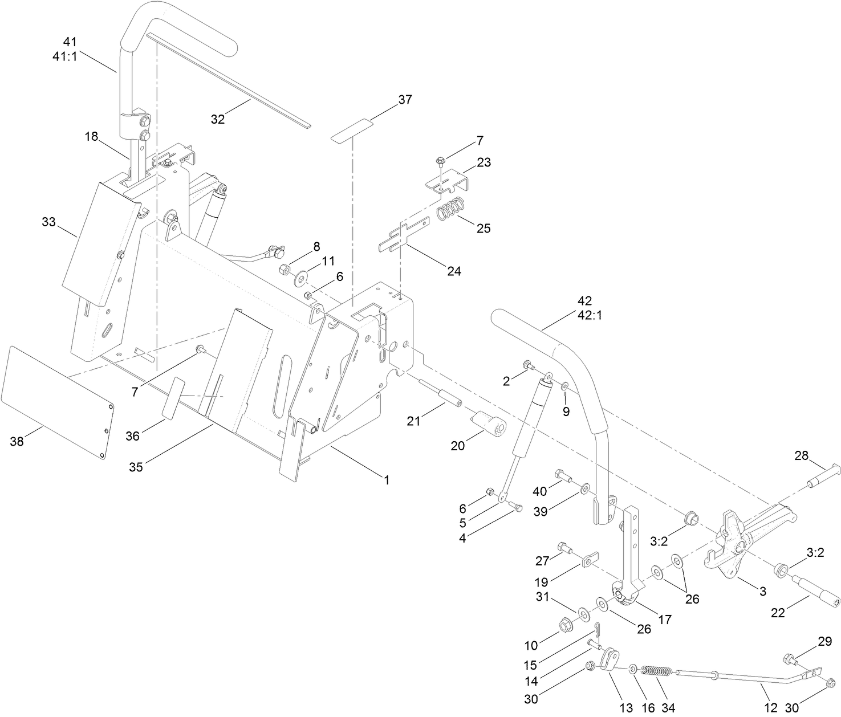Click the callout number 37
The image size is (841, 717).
pyautogui.click(x=405, y=100)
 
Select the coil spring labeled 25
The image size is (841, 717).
pyautogui.click(x=452, y=209)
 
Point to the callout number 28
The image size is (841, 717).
pyautogui.click(x=802, y=455)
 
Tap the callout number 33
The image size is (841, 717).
pyautogui.click(x=49, y=222)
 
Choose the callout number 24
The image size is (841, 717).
pyautogui.click(x=454, y=271)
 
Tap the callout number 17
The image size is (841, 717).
pyautogui.click(x=665, y=619)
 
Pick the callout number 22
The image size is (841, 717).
pyautogui.click(x=778, y=613)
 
